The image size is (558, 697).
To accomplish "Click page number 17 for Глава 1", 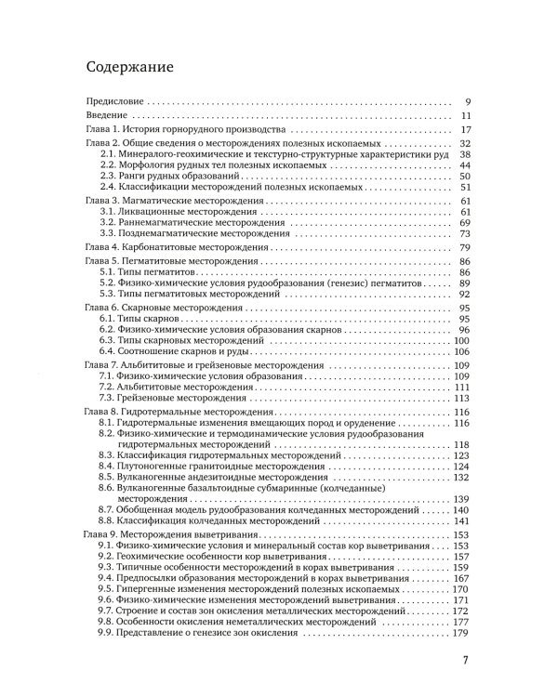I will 468,129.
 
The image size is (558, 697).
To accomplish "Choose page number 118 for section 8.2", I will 465,444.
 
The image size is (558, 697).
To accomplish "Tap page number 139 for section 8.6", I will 465,500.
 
